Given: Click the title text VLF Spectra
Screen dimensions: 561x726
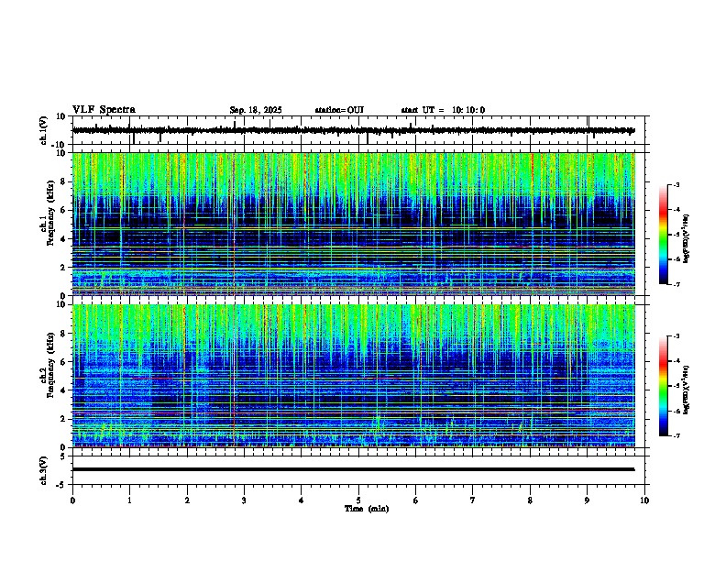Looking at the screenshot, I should (104, 110).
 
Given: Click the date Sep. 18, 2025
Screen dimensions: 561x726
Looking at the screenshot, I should (255, 110).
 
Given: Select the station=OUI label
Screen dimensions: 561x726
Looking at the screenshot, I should (339, 110).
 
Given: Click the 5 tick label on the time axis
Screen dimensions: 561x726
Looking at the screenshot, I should (358, 500).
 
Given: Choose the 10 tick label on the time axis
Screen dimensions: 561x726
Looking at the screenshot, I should (644, 500).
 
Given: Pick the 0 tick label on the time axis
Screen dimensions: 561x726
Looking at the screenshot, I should (72, 500).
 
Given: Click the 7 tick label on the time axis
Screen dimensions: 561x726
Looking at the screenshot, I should (473, 500).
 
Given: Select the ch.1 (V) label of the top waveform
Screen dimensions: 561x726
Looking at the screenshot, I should (44, 130).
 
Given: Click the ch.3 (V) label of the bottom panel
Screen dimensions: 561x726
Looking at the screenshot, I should (44, 469).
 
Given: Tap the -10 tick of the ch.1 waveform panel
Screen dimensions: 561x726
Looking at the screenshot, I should (58, 145).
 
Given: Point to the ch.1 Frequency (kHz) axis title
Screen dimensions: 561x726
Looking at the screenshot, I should (44, 225).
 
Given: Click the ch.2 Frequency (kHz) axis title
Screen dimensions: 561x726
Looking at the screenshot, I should (44, 376).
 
